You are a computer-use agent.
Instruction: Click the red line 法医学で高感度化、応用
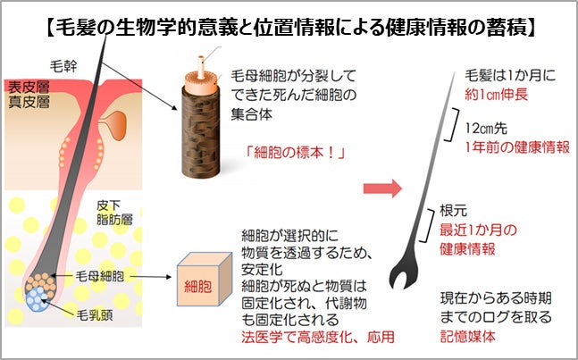[317, 337]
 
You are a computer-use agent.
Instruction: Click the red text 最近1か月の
[479, 230]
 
